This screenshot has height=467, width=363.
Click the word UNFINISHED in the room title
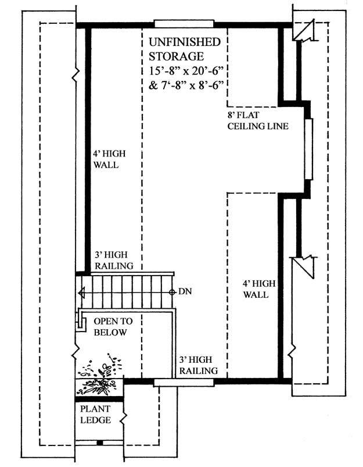[x=185, y=42]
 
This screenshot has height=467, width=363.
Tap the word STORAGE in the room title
[x=176, y=56]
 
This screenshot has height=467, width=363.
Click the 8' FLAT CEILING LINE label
[x=258, y=120]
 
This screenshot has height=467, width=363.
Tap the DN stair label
[x=185, y=291]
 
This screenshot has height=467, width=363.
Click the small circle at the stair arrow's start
[x=172, y=293]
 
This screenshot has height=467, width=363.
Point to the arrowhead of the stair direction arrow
[x=81, y=293]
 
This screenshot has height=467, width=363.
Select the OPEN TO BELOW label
[x=113, y=327]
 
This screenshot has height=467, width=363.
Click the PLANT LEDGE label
[x=95, y=414]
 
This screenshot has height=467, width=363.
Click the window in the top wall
[x=184, y=24]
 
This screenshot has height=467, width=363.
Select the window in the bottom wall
[x=184, y=383]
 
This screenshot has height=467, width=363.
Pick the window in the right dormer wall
[x=309, y=149]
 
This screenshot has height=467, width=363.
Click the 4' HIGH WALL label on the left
[x=109, y=159]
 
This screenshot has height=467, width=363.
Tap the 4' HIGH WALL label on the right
[x=259, y=289]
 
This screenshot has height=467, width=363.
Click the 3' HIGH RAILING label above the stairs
[x=114, y=261]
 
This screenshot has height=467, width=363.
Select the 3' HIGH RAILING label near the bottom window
[x=198, y=365]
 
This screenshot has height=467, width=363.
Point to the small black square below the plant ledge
[x=100, y=443]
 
